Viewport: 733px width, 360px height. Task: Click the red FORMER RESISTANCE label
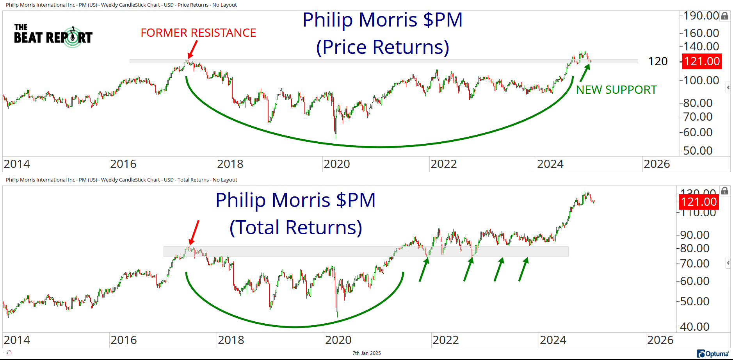pyautogui.click(x=198, y=33)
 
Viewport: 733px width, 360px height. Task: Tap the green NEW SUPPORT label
pyautogui.click(x=616, y=90)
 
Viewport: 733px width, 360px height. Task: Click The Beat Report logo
pyautogui.click(x=53, y=36)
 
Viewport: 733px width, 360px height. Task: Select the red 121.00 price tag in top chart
pyautogui.click(x=702, y=61)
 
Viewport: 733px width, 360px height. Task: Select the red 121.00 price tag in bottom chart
pyautogui.click(x=699, y=202)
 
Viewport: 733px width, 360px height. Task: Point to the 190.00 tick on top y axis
pyautogui.click(x=701, y=16)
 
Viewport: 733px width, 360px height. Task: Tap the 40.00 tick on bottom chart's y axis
pyautogui.click(x=695, y=327)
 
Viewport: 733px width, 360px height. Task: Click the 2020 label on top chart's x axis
pyautogui.click(x=337, y=164)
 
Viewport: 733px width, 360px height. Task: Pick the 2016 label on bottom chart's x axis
pyautogui.click(x=124, y=340)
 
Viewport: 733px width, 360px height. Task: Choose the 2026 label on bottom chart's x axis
pyautogui.click(x=660, y=340)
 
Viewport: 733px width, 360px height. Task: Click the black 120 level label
pyautogui.click(x=658, y=61)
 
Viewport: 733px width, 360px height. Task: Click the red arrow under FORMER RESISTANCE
pyautogui.click(x=192, y=50)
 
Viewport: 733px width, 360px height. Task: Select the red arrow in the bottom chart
pyautogui.click(x=194, y=233)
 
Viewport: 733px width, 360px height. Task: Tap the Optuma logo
pyautogui.click(x=713, y=354)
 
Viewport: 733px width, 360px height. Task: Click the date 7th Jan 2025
pyautogui.click(x=366, y=353)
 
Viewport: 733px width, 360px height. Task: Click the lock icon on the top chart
pyautogui.click(x=725, y=16)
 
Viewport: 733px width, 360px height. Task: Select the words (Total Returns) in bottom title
pyautogui.click(x=295, y=228)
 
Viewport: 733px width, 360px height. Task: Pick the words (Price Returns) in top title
pyautogui.click(x=383, y=47)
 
